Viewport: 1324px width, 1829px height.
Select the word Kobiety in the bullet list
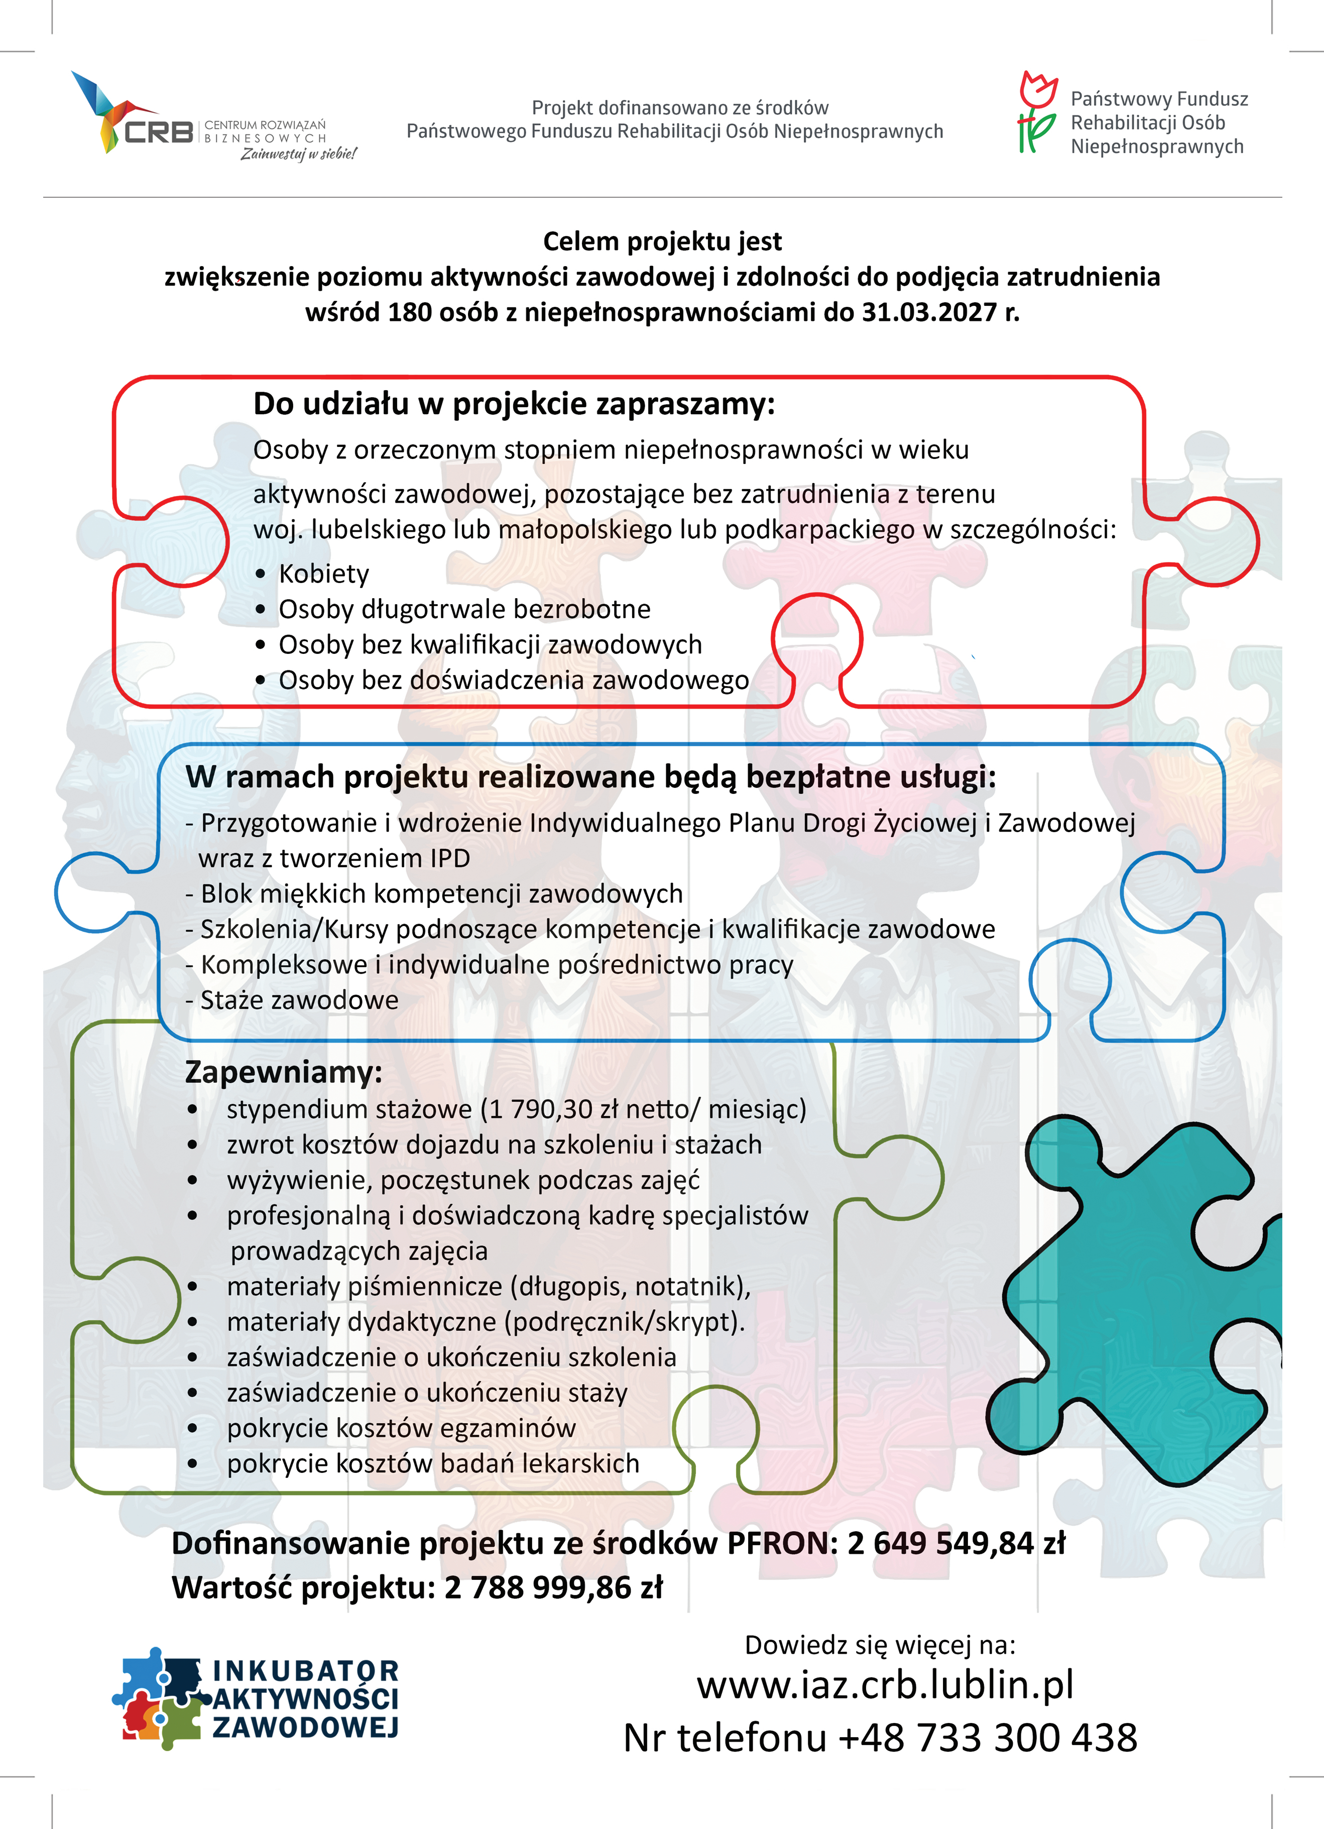323,574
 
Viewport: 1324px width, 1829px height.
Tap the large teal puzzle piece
1137,1298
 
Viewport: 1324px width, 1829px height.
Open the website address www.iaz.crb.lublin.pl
885,1685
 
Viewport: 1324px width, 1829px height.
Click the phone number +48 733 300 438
987,1738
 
